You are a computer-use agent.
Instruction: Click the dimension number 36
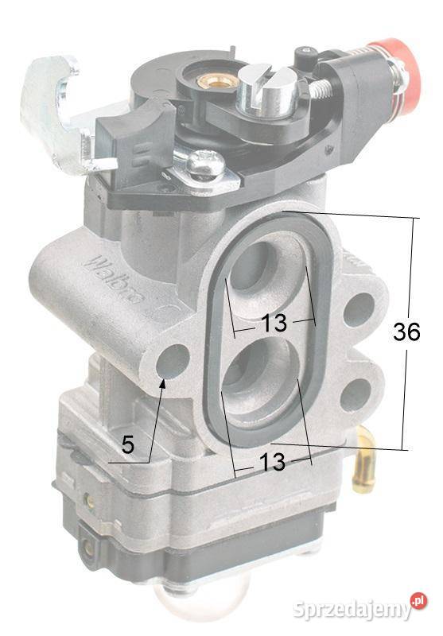click(406, 333)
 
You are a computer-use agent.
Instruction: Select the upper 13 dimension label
click(273, 324)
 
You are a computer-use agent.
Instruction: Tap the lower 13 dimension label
click(273, 463)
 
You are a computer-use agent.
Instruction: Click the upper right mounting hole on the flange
click(358, 308)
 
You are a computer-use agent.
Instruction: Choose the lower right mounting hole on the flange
click(356, 394)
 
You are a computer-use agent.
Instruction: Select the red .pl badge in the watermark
click(418, 601)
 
